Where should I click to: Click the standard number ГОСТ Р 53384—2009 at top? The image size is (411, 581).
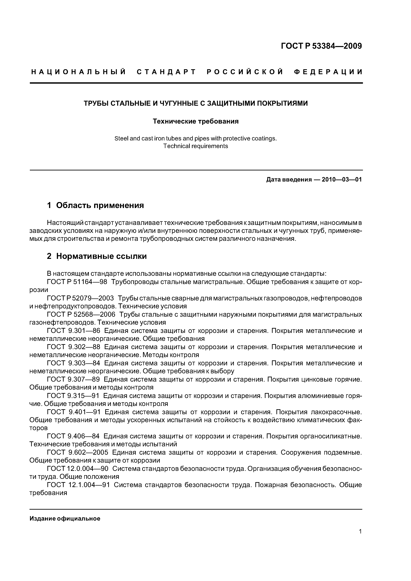pos(321,46)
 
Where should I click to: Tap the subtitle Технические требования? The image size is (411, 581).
pos(196,121)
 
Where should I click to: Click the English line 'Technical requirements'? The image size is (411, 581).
pos(196,146)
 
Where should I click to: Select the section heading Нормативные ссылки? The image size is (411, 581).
pos(101,256)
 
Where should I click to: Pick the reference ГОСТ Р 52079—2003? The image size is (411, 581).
pos(80,298)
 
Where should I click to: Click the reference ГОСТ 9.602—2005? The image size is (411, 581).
pos(78,453)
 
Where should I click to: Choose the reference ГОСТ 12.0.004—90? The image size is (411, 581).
pos(78,469)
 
